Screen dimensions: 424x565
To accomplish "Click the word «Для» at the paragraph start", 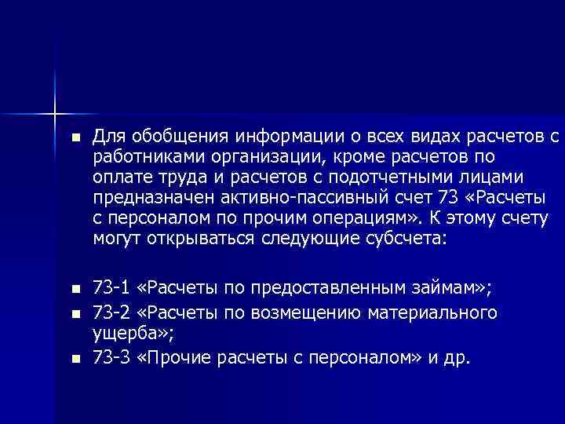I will [x=108, y=138].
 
